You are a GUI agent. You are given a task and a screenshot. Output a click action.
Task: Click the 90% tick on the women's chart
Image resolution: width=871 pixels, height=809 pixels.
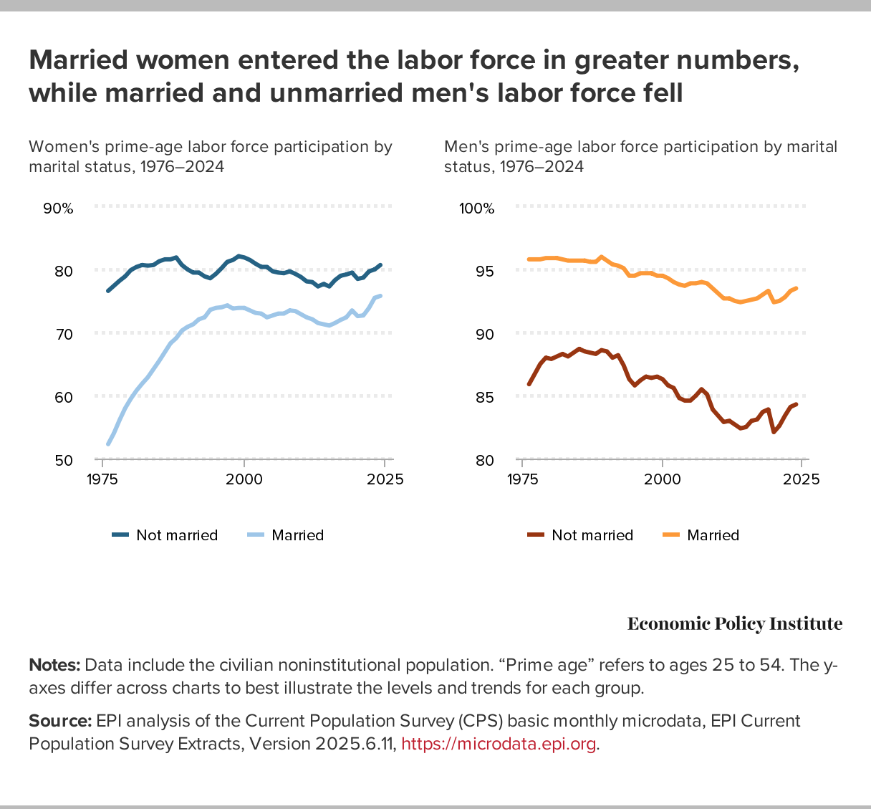click(58, 209)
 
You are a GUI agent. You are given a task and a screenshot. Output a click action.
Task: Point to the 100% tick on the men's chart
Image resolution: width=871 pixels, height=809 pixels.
click(476, 209)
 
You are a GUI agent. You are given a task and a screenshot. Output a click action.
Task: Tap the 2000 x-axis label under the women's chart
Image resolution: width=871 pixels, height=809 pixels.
click(244, 479)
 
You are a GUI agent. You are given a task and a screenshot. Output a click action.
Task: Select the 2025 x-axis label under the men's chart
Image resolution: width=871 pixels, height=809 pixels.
click(802, 479)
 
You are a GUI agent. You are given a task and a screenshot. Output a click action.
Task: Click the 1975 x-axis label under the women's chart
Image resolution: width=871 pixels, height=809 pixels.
click(102, 479)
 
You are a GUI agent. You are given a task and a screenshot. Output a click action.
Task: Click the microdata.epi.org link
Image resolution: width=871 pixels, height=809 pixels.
click(499, 744)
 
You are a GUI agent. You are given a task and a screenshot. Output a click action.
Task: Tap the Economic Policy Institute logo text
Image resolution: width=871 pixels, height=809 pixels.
click(735, 624)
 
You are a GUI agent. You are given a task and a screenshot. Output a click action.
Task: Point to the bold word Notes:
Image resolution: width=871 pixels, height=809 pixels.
click(54, 665)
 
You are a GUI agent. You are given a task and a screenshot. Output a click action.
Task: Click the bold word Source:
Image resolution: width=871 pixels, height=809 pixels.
click(60, 721)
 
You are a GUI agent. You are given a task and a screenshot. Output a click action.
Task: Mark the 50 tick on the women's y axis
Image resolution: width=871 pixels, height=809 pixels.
click(64, 460)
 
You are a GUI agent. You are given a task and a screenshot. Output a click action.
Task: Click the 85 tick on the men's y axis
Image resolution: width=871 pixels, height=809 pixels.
click(485, 397)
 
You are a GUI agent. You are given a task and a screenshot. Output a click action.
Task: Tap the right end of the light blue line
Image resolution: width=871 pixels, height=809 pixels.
click(380, 295)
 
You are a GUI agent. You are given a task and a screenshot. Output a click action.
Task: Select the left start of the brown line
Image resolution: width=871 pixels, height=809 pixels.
click(529, 385)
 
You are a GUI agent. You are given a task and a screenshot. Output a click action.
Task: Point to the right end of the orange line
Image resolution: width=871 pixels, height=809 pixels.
click(797, 288)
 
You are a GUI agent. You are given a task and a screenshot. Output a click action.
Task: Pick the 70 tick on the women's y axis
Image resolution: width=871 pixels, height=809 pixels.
click(64, 334)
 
